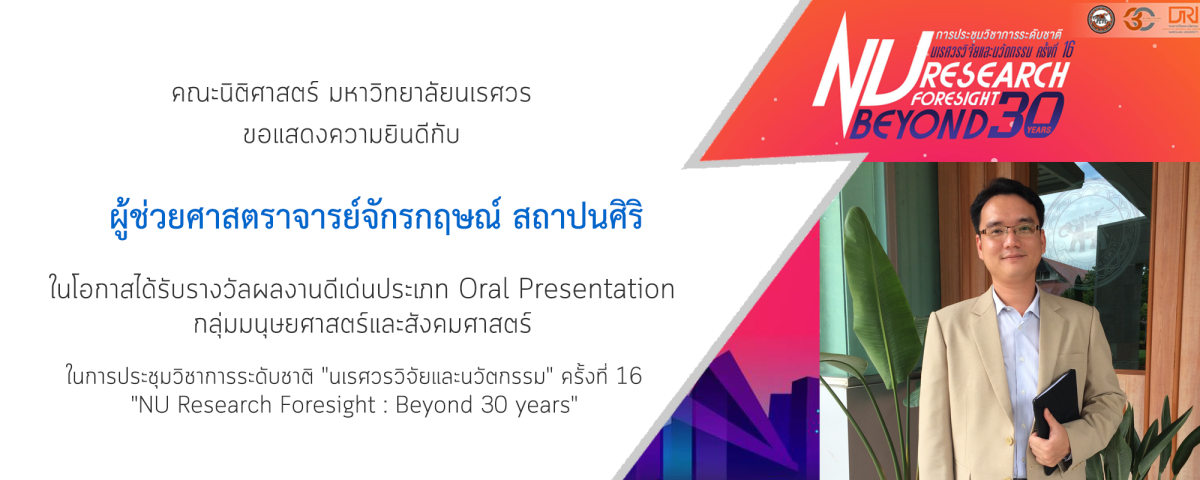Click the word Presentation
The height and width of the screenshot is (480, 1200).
point(596,290)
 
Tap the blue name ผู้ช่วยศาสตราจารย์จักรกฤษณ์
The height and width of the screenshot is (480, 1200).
point(305,218)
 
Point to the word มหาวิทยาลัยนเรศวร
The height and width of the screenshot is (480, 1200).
point(428,93)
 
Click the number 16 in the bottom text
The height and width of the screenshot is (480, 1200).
point(629,376)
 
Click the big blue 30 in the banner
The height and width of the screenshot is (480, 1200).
point(1026,115)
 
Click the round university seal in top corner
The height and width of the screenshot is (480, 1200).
point(1101,19)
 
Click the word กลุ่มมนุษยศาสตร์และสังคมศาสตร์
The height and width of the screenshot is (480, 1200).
point(363,324)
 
